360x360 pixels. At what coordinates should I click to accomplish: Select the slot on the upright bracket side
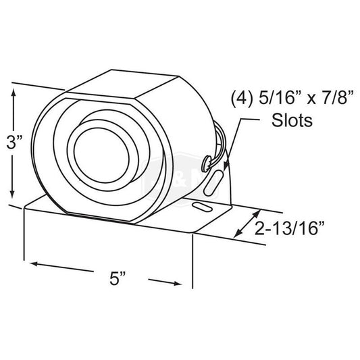(x=216, y=181)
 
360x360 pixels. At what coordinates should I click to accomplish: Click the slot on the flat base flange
(x=199, y=206)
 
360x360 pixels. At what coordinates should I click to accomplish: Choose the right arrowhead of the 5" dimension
(x=185, y=283)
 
